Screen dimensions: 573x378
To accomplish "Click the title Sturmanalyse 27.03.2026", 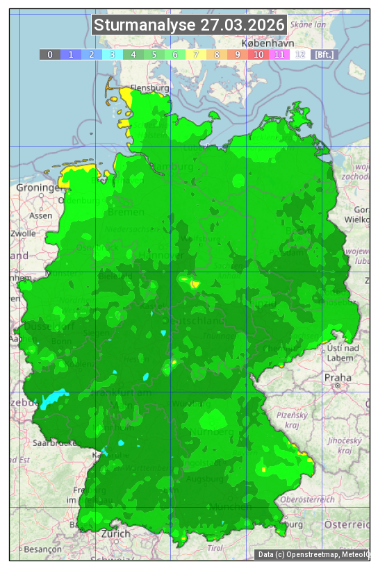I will [x=189, y=25].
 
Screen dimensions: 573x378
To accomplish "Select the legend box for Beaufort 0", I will [x=50, y=54].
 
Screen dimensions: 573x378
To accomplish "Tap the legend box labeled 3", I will [x=113, y=54].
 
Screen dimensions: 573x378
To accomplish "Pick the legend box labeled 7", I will [x=196, y=54].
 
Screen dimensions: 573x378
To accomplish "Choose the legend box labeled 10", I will [x=258, y=54].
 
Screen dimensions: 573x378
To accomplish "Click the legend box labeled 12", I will [x=300, y=54].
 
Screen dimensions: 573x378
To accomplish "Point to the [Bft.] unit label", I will [x=324, y=54].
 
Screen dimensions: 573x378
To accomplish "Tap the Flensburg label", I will [x=150, y=88].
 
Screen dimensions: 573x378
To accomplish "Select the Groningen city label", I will [x=39, y=188].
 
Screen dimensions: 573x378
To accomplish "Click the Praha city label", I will [x=337, y=377].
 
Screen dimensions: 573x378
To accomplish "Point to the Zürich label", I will [x=115, y=533].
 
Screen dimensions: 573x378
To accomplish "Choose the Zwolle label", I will [x=23, y=233].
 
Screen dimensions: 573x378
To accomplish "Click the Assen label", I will [x=41, y=215].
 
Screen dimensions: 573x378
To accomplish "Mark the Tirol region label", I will [x=215, y=548].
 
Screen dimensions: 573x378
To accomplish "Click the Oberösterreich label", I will [x=308, y=499].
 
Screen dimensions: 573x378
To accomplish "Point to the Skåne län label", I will [x=308, y=24].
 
